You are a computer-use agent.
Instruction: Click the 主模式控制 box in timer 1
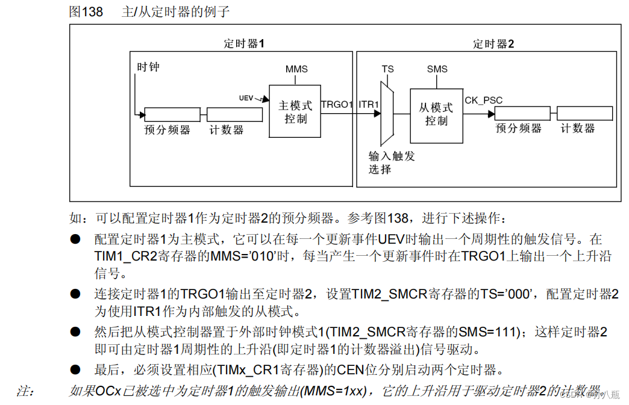[x=295, y=111]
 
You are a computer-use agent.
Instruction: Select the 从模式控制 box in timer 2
[x=436, y=114]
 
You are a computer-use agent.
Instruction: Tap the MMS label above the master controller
[x=296, y=69]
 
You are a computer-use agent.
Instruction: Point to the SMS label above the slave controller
[x=437, y=69]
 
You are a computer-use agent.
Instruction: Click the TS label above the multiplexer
[x=387, y=69]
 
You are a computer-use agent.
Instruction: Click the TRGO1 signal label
[x=336, y=104]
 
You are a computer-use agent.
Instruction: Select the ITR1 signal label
[x=369, y=104]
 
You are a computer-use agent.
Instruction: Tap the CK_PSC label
[x=483, y=100]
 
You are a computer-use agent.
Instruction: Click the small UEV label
[x=246, y=97]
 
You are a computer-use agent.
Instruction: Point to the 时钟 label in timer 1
[x=148, y=66]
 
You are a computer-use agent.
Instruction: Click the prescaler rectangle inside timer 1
[x=172, y=114]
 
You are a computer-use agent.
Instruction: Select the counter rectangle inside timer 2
[x=584, y=113]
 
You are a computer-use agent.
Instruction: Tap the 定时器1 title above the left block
[x=244, y=44]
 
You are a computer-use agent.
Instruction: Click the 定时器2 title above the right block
[x=493, y=44]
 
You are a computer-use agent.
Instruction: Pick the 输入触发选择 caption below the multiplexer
[x=392, y=162]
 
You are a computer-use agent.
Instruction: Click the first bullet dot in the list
[x=75, y=240]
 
